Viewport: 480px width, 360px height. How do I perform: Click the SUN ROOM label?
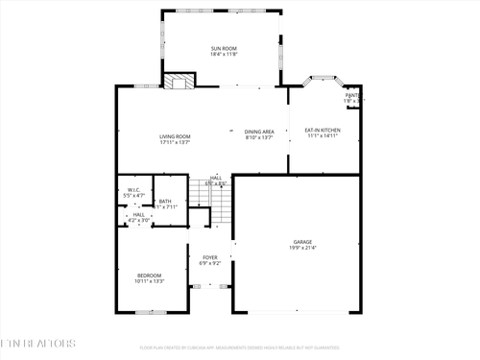[x=224, y=48]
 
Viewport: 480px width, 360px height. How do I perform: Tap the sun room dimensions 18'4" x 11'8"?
[x=224, y=55]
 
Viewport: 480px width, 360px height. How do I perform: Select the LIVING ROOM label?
[x=175, y=135]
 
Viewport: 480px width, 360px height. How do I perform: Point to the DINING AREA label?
[x=259, y=131]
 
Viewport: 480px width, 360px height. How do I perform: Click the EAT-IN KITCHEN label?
[x=323, y=130]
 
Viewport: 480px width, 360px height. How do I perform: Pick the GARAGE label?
[x=302, y=242]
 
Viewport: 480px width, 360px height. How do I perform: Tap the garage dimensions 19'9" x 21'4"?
[x=302, y=249]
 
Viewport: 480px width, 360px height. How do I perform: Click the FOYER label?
[x=208, y=256]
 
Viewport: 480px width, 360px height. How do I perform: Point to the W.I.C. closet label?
[x=134, y=189]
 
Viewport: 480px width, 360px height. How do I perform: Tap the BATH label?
[x=165, y=201]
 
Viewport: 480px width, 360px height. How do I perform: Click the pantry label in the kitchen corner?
[x=353, y=96]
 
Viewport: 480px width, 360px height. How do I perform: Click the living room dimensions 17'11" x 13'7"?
[x=175, y=142]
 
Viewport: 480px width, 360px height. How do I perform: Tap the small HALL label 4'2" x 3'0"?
[x=138, y=215]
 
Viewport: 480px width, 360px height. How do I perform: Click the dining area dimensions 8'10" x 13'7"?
[x=259, y=137]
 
